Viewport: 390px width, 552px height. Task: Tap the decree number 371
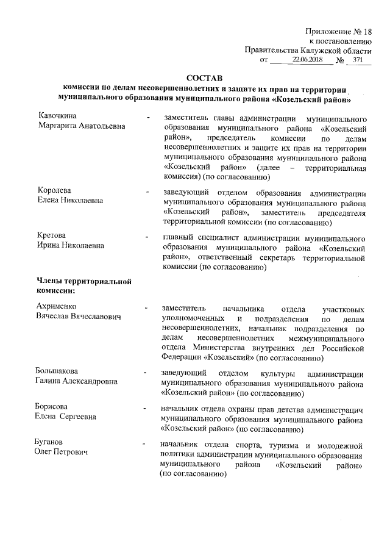tap(358, 60)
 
